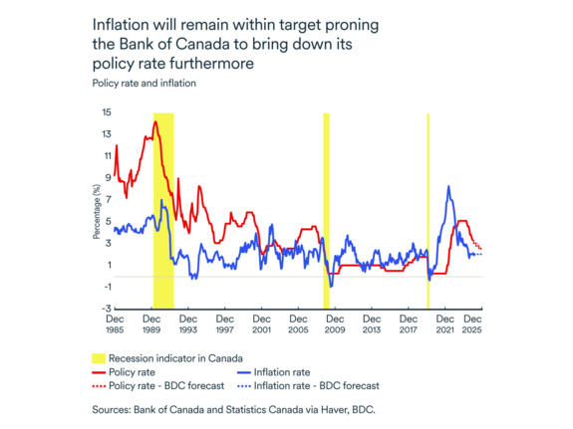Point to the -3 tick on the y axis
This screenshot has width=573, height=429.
pyautogui.click(x=106, y=310)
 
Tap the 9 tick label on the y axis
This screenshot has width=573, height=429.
pyautogui.click(x=107, y=178)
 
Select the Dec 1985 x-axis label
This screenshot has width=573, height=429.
pyautogui.click(x=117, y=324)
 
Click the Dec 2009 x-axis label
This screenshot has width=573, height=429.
pyautogui.click(x=334, y=324)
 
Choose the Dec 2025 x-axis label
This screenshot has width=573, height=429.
pyautogui.click(x=473, y=324)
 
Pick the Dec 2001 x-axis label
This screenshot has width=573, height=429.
pyautogui.click(x=261, y=324)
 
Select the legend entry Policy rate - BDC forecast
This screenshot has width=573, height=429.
pyautogui.click(x=166, y=385)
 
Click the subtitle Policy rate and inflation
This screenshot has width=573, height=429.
pyautogui.click(x=143, y=84)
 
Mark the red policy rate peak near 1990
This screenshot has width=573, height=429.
pyautogui.click(x=155, y=121)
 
